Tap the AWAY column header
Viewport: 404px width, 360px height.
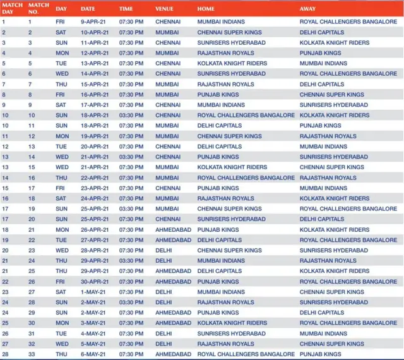pyautogui.click(x=307, y=9)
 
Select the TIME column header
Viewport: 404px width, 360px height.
pyautogui.click(x=126, y=9)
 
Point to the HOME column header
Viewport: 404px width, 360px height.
pyautogui.click(x=206, y=9)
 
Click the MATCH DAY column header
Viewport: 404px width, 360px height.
pyautogui.click(x=12, y=9)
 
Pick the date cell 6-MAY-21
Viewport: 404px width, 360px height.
pyautogui.click(x=95, y=354)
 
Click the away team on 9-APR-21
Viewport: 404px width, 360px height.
pyautogui.click(x=348, y=21)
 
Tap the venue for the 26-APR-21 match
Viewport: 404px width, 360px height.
pyautogui.click(x=173, y=230)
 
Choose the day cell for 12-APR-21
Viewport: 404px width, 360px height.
pyautogui.click(x=62, y=53)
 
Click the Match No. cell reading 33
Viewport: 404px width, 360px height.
pyautogui.click(x=31, y=354)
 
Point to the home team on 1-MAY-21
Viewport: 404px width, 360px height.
pyautogui.click(x=220, y=292)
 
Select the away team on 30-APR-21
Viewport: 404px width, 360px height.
pyautogui.click(x=348, y=282)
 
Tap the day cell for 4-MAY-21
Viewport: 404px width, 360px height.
pyautogui.click(x=62, y=333)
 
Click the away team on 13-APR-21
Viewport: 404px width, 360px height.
pyautogui.click(x=323, y=63)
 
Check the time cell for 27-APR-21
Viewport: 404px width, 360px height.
pyautogui.click(x=131, y=240)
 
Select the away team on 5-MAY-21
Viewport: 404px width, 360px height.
pyautogui.click(x=331, y=344)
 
